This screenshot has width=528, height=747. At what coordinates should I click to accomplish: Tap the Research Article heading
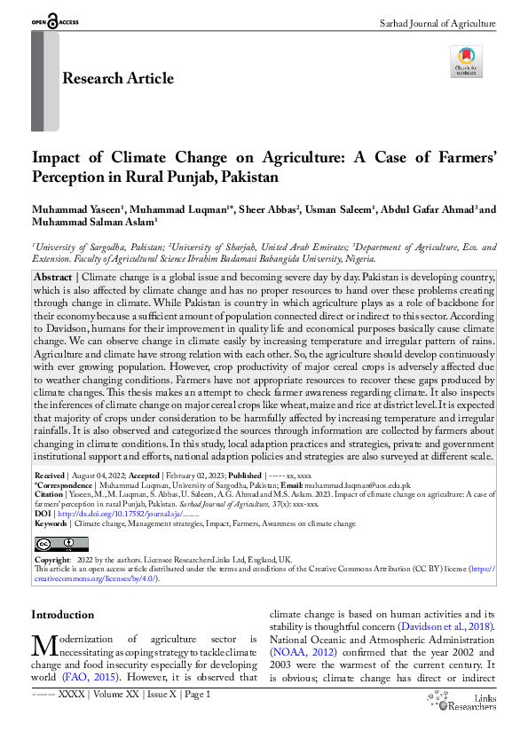[118, 79]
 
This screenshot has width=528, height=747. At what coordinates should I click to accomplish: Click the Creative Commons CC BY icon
[50, 544]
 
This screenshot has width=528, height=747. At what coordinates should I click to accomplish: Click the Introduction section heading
[62, 615]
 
